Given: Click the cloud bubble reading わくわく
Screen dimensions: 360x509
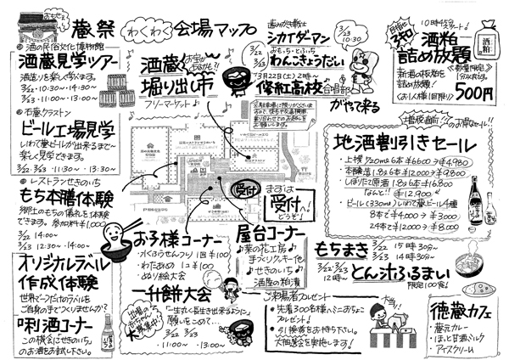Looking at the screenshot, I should (x=121, y=19).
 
